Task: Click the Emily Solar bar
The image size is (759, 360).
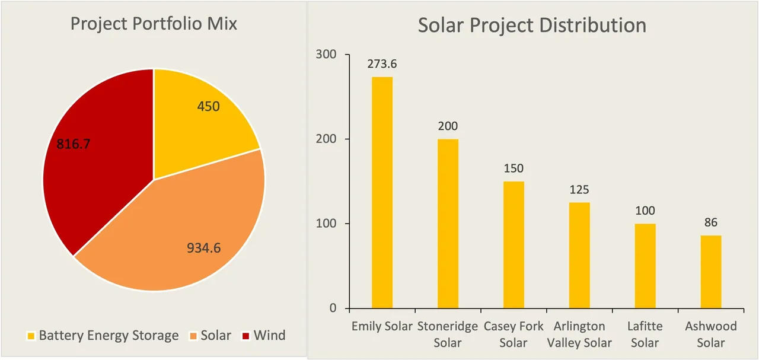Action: click(382, 193)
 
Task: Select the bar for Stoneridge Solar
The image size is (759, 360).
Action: click(448, 224)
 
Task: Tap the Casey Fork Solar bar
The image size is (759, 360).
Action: click(514, 245)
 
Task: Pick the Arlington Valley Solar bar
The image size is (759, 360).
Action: click(579, 256)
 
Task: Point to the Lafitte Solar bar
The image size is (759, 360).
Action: click(645, 266)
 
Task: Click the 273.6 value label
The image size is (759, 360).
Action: click(382, 64)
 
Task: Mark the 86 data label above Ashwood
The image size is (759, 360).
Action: click(711, 223)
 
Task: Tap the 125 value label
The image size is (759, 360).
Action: click(579, 190)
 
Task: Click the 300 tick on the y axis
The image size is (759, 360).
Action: click(325, 55)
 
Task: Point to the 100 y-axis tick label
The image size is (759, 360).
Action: click(325, 224)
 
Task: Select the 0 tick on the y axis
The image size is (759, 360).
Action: click(332, 308)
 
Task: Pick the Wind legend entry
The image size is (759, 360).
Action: click(264, 336)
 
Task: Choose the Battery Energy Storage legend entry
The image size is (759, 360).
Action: click(103, 336)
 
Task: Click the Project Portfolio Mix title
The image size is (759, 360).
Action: click(154, 24)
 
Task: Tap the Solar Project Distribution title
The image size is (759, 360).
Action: click(532, 26)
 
